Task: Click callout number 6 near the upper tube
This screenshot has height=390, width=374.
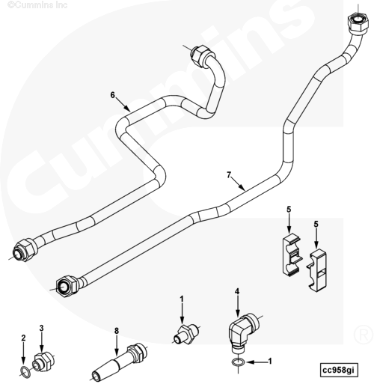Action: click(113, 95)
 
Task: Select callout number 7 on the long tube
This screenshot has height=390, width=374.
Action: click(229, 175)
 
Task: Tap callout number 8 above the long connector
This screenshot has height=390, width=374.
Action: click(117, 331)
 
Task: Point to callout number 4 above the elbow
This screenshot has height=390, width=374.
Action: click(237, 291)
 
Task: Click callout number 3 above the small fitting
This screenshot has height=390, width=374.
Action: click(41, 328)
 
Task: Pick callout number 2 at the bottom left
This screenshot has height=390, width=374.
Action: click(23, 338)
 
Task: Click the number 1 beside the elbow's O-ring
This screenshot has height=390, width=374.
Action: click(269, 361)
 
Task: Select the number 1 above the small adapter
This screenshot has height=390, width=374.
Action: click(182, 299)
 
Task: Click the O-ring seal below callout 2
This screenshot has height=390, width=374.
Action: click(25, 371)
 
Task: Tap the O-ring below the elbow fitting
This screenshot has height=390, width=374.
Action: click(237, 362)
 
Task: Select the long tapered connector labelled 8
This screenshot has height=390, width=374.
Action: click(120, 362)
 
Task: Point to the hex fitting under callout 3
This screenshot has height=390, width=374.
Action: click(43, 362)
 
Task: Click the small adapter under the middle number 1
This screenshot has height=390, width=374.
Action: click(186, 333)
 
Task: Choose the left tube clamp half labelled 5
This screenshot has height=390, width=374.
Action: click(292, 255)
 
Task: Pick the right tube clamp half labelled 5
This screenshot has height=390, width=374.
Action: click(316, 269)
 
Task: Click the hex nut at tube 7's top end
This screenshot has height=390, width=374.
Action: click(358, 25)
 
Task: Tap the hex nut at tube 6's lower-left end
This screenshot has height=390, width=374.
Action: click(25, 249)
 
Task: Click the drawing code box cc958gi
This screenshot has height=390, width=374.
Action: click(339, 370)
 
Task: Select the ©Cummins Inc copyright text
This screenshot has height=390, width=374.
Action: click(37, 4)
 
